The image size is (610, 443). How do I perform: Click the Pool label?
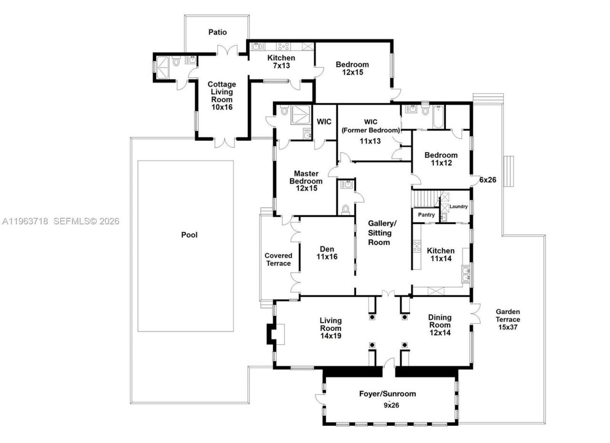coord(189,235)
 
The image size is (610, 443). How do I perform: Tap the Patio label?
coord(218,32)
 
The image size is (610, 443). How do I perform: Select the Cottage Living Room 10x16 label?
coord(222,96)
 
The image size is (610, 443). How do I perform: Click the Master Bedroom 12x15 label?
coord(305,181)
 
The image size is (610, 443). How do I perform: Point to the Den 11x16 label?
coord(327,253)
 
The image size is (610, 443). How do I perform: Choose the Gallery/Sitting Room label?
coord(382,232)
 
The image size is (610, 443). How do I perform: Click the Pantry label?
coord(426,215)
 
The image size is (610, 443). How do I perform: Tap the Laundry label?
coord(458,206)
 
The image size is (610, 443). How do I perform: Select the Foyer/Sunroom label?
coord(387,394)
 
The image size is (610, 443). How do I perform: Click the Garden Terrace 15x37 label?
coord(508,319)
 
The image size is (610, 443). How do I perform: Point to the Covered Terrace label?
coord(278,259)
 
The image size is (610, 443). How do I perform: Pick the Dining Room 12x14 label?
coord(439,325)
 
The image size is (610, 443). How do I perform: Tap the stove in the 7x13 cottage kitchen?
coord(285,47)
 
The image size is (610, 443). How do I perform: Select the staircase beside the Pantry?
coord(426,198)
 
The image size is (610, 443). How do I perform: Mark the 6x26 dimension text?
coord(488,180)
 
